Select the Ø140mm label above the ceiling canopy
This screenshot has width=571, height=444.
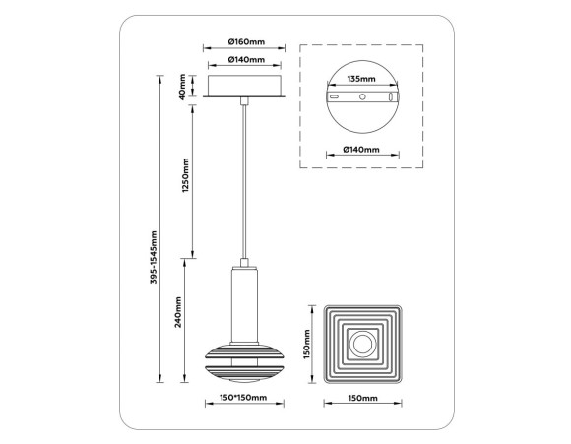[245, 60]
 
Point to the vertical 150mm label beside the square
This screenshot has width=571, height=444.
[307, 345]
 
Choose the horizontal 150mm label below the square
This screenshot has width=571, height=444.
[362, 399]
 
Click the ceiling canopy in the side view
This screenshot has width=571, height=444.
[245, 86]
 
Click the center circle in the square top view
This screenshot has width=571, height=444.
[363, 345]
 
